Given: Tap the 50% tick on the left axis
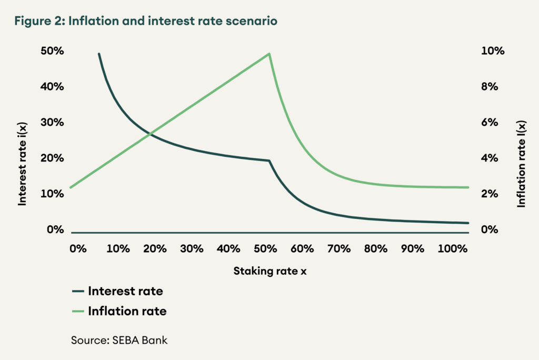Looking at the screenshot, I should pyautogui.click(x=52, y=52).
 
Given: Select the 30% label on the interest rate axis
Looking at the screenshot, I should pyautogui.click(x=52, y=123).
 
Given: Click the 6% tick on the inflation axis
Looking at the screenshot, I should pyautogui.click(x=490, y=123).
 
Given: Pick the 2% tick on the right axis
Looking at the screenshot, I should pyautogui.click(x=490, y=194).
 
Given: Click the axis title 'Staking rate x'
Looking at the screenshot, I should pyautogui.click(x=269, y=272).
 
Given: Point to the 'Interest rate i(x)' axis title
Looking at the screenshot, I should pyautogui.click(x=22, y=161).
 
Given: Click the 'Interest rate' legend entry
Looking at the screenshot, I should pyautogui.click(x=125, y=291).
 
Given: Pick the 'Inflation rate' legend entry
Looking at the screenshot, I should pyautogui.click(x=127, y=311).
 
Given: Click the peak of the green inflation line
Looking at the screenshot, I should pyautogui.click(x=269, y=54).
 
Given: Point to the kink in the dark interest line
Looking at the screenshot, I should pyautogui.click(x=269, y=161).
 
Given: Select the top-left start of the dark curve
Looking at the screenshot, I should pyautogui.click(x=99, y=54).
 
